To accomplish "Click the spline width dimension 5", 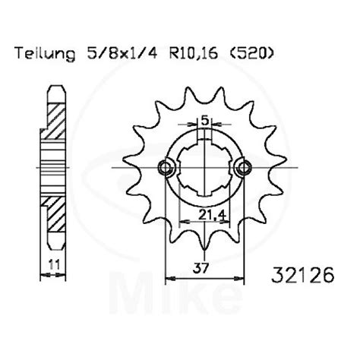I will tap(204, 120).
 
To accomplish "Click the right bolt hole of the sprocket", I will tap(243, 167).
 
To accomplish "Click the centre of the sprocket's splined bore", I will tap(203, 167).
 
